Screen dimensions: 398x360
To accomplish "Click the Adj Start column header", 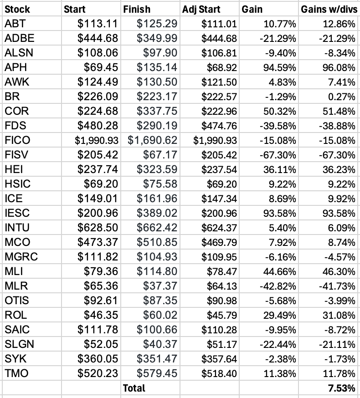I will [x=201, y=9].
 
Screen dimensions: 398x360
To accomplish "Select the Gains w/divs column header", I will [x=328, y=9].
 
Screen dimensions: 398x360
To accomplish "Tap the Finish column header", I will [x=136, y=9].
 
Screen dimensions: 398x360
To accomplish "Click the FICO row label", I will [x=17, y=140].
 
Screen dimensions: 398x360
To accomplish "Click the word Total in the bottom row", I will [x=134, y=388].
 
